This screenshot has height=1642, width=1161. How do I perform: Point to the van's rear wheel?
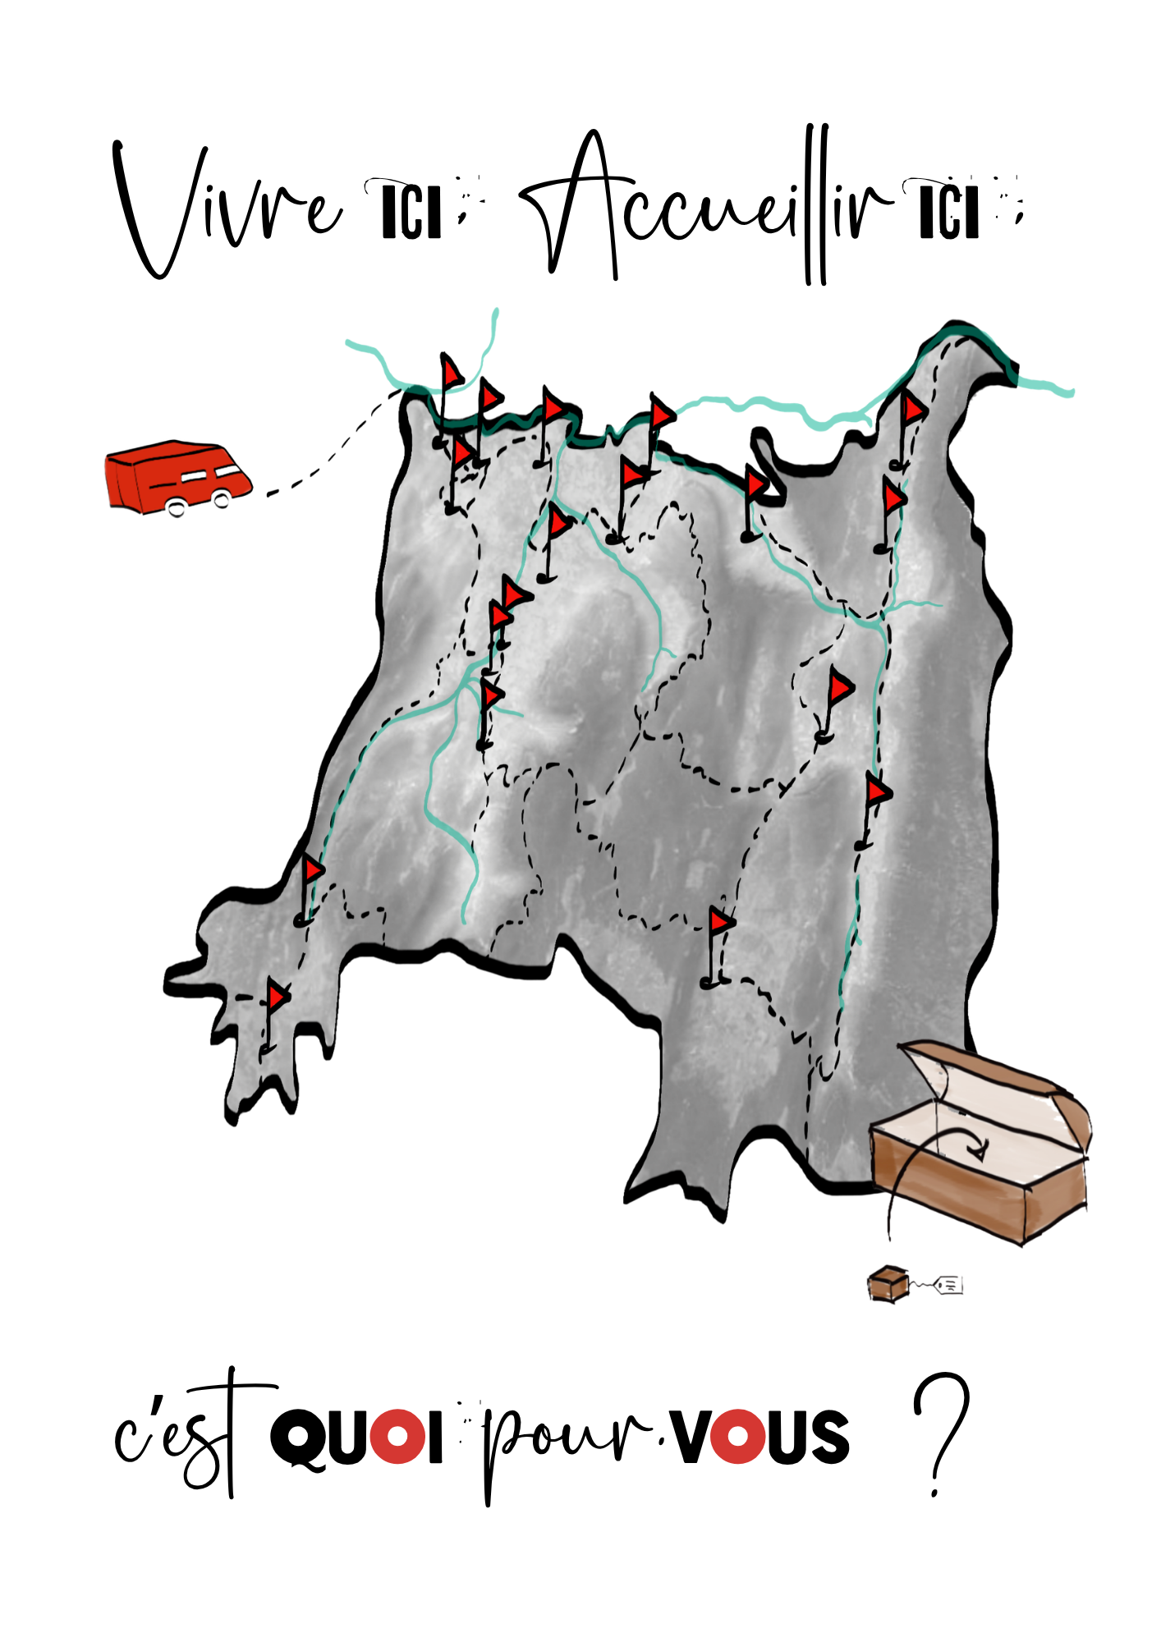click(x=176, y=507)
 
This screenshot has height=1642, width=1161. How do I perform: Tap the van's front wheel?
click(x=221, y=498)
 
